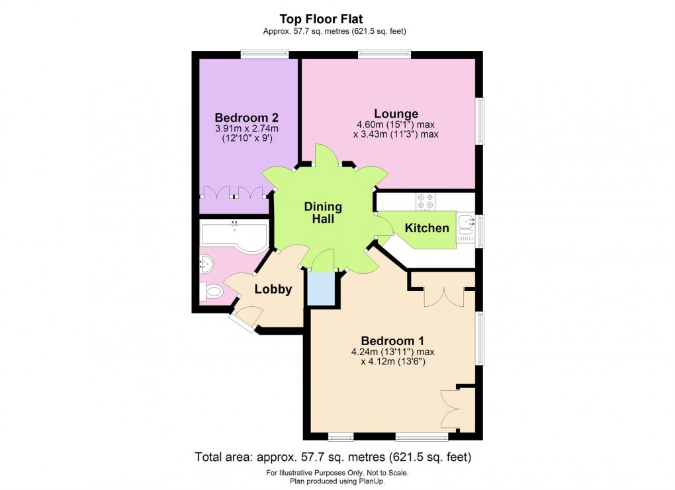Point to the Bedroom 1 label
point(392,341)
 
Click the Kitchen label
point(427,229)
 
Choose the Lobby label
point(273,289)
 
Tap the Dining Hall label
point(323,212)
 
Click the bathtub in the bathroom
point(234,237)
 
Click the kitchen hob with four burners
point(426,200)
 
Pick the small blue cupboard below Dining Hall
point(322,289)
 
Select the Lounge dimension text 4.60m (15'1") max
point(396,124)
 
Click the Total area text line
point(332,457)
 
